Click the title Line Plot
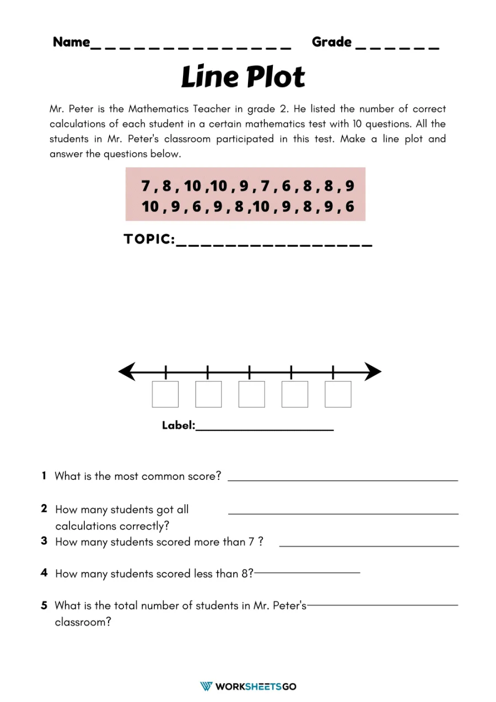(243, 77)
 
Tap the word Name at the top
(71, 42)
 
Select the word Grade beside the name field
(331, 42)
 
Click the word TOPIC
(149, 240)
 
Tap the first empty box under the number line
(165, 395)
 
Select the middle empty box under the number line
(251, 395)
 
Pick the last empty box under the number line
(338, 395)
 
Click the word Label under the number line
(178, 425)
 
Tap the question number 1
(44, 476)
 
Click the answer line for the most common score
(342, 480)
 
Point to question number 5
(44, 606)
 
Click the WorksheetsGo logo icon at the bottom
(206, 686)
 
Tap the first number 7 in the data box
(145, 186)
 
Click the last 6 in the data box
(349, 207)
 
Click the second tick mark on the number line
(208, 372)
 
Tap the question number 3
(44, 541)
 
